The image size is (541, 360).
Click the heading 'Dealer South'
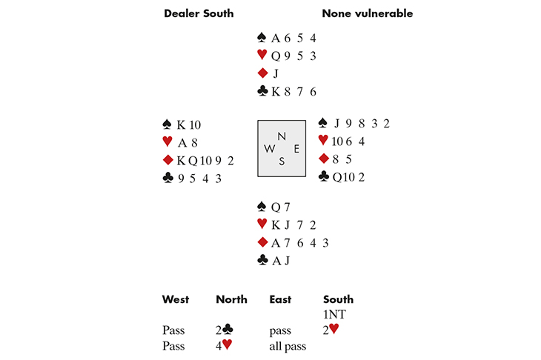click(x=198, y=13)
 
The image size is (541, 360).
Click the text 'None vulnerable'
click(x=367, y=13)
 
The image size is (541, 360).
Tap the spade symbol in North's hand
click(x=261, y=38)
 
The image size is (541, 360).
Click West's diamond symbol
click(x=167, y=159)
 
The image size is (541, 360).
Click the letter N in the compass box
click(x=280, y=136)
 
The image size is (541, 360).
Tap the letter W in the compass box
click(x=268, y=149)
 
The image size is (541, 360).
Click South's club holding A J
click(x=279, y=260)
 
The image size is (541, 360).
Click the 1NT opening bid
click(x=336, y=314)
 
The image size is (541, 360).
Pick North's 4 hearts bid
click(x=224, y=344)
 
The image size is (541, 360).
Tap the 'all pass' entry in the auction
click(x=288, y=344)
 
